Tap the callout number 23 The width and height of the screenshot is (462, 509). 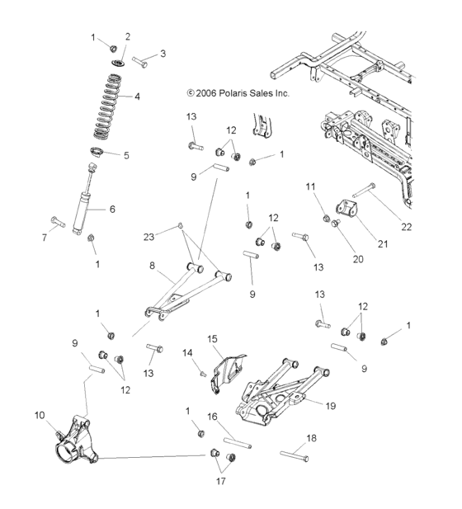148,238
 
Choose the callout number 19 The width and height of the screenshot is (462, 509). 331,406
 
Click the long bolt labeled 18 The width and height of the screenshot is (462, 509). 295,456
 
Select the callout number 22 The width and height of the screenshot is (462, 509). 406,227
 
